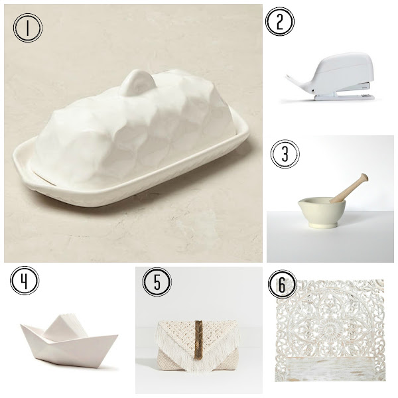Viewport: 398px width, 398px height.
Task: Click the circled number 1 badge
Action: (x=28, y=27)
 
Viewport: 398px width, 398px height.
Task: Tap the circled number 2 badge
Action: (x=280, y=22)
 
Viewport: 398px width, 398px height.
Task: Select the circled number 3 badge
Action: (x=285, y=154)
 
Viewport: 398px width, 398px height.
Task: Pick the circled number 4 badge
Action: (x=25, y=280)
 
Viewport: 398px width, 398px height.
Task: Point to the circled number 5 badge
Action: (x=157, y=282)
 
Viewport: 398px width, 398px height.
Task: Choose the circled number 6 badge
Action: (x=283, y=284)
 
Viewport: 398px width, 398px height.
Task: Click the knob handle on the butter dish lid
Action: (x=137, y=82)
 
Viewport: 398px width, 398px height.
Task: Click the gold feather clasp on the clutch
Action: (x=198, y=340)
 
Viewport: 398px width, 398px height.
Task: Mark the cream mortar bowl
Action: (x=321, y=212)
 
